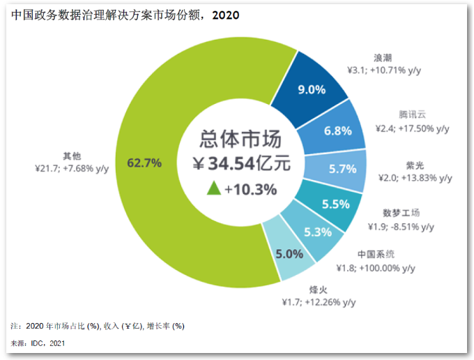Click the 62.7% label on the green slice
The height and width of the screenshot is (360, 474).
tap(145, 163)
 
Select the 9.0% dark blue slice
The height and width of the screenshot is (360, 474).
tap(312, 89)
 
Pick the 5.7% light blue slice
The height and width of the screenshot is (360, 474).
tap(342, 168)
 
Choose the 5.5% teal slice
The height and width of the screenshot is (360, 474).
tap(335, 205)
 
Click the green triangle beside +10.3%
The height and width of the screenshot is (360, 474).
tap(213, 188)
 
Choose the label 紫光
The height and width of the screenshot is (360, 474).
tap(415, 165)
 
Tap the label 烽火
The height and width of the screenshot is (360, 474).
tap(319, 289)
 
